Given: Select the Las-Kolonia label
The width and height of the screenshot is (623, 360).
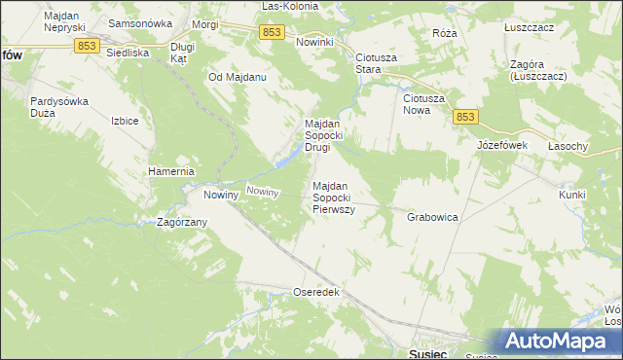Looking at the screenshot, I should [289, 6].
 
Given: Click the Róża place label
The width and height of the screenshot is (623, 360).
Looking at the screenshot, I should [444, 32].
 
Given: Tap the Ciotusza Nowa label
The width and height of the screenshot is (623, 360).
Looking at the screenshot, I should [424, 104].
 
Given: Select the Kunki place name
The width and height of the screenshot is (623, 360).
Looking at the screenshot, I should [572, 195].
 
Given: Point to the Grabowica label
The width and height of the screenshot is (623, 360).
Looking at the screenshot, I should [432, 217].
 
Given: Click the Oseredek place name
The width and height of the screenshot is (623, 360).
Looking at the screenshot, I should [315, 291].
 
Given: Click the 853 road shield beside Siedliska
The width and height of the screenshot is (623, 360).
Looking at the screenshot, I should [89, 46].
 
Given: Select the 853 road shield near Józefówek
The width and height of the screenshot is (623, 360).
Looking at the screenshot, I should [464, 117].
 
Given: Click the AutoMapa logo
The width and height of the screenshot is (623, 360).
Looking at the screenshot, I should [562, 342].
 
